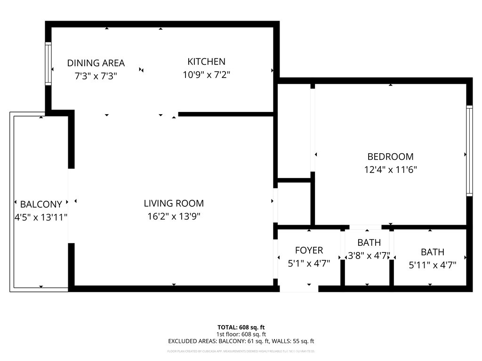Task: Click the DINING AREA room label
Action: coord(96,63)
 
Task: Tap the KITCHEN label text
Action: coord(206,62)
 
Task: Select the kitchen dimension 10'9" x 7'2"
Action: coord(206,74)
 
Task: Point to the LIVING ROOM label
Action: coord(174,204)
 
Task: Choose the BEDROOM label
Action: coord(390,157)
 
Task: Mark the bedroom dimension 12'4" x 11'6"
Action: coord(390,170)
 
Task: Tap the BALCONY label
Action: coord(41,204)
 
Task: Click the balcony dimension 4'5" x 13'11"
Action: coord(41,217)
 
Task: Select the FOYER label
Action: coord(309,251)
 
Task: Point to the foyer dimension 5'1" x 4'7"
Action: coord(309,264)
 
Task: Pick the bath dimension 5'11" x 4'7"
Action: coord(432,265)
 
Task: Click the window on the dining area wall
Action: coord(48,64)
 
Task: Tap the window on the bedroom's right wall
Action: coord(469,150)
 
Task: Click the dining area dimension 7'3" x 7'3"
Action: coord(96,75)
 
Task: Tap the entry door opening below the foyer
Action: coord(299,289)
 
